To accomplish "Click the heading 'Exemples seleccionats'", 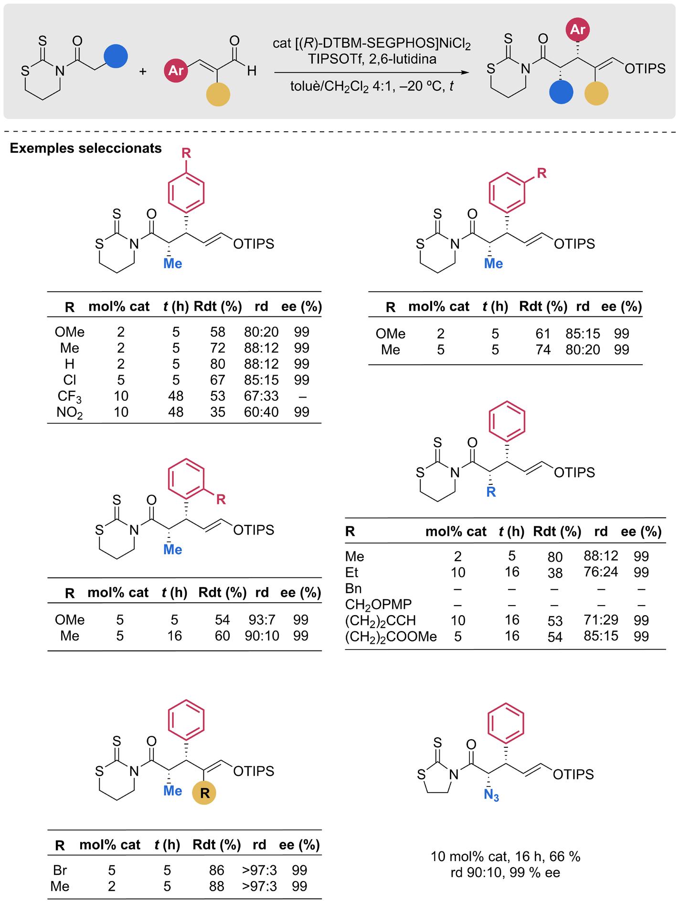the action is point(85,148).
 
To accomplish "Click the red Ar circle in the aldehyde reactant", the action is point(176,71).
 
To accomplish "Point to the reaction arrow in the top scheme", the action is point(371,73).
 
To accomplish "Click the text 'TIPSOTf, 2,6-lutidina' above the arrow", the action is point(371,59).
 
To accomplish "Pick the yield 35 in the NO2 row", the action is point(218,412).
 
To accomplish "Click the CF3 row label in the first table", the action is point(70,396).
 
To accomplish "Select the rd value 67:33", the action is point(261,396).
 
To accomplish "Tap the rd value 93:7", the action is point(262,619).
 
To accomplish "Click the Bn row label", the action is point(353,588).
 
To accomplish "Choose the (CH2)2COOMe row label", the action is point(391,636).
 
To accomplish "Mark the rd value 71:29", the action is point(601,620).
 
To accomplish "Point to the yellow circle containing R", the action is point(204,793).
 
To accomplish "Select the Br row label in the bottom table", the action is point(60,870).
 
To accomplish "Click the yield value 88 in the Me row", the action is point(217,886).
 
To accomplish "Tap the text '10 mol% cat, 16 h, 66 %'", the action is point(505,856).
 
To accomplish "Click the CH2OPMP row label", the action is point(378,604).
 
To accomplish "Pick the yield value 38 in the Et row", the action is point(555,573).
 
